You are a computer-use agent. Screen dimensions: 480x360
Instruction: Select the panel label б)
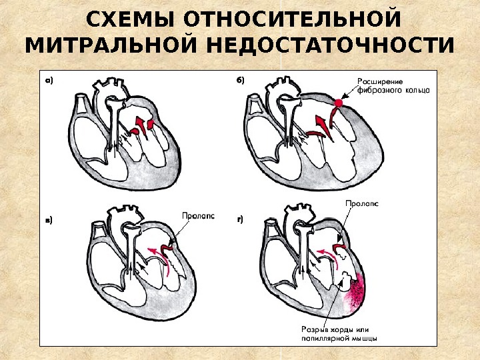(241, 80)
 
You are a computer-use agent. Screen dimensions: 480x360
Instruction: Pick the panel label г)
(241, 218)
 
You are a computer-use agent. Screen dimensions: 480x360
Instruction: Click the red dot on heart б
(339, 103)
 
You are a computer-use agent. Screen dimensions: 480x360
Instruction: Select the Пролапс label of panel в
(198, 215)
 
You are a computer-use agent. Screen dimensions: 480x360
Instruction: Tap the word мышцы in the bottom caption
(365, 337)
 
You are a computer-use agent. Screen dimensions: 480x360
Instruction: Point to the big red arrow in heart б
(321, 124)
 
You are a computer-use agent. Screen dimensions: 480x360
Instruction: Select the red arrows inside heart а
(144, 125)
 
